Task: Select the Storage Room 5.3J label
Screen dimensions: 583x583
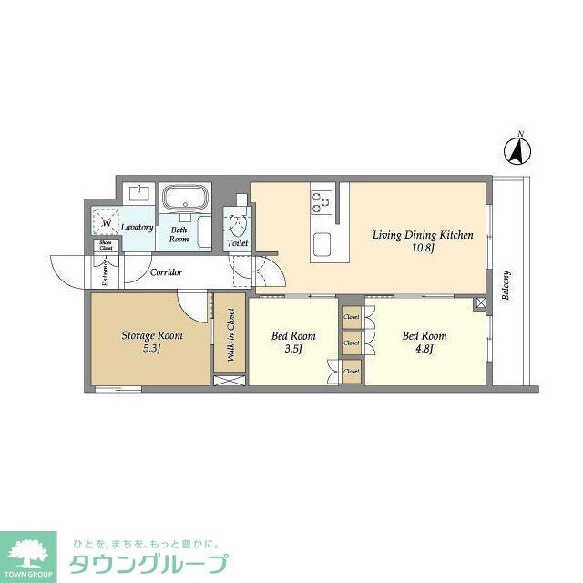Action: tap(152, 341)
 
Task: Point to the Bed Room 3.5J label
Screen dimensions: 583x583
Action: tap(292, 341)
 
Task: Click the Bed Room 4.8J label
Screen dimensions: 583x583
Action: tap(424, 341)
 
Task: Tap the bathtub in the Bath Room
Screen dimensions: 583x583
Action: tap(186, 198)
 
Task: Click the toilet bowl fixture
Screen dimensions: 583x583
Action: tap(237, 224)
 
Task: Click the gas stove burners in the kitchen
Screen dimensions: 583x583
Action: tap(322, 199)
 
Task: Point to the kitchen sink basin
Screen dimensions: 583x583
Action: tap(323, 245)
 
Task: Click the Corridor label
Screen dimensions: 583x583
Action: tap(167, 272)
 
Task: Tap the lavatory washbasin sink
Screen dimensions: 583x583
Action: tap(139, 193)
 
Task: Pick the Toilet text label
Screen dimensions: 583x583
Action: tap(237, 244)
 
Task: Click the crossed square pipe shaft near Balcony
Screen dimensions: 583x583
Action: tap(479, 302)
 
